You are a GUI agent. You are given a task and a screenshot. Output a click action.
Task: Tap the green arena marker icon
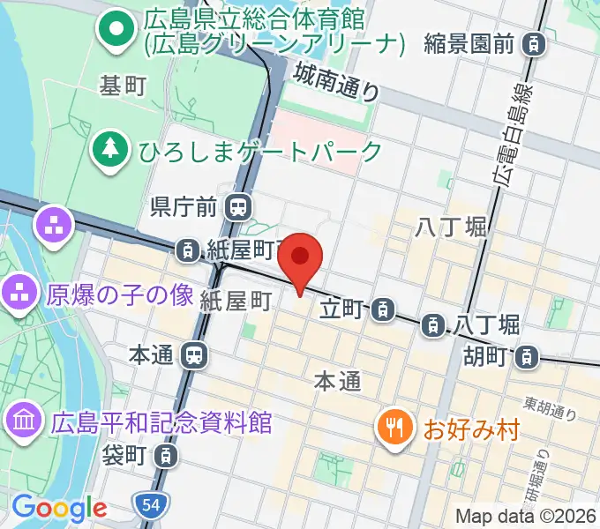pos(115,30)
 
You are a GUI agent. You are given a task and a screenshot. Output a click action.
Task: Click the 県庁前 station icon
pos(236,208)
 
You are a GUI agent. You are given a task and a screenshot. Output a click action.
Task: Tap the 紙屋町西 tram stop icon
pos(188,251)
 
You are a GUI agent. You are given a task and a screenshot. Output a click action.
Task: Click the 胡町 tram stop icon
pos(527,356)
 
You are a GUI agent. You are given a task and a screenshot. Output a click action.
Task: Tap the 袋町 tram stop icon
pos(164,456)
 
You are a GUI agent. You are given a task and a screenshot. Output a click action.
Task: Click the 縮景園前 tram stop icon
pos(533,41)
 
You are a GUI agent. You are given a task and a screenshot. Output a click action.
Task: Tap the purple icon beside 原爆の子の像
pos(20,294)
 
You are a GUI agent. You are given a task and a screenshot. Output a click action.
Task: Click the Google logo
pos(59,507)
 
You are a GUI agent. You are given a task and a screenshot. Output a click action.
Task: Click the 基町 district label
pos(123,86)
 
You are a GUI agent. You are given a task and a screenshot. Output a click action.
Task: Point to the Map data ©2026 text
pos(526,516)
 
